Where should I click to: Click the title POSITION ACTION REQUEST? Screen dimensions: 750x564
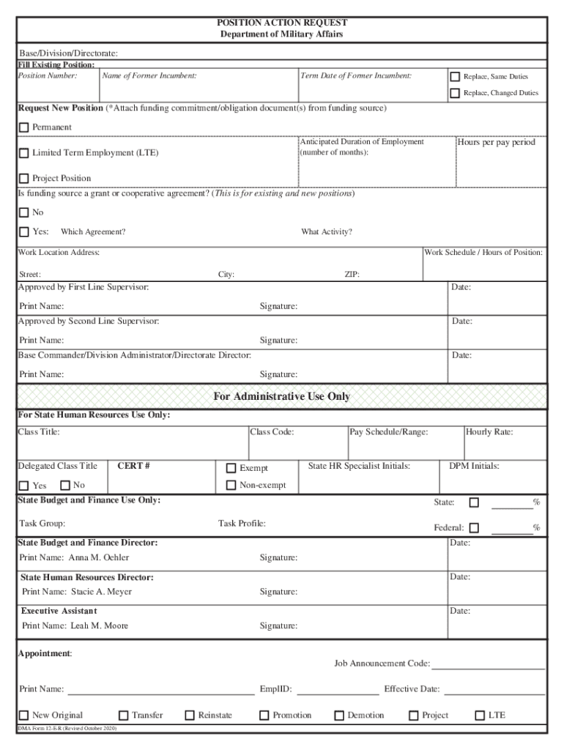pyautogui.click(x=282, y=23)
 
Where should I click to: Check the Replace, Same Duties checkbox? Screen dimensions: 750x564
pyautogui.click(x=455, y=77)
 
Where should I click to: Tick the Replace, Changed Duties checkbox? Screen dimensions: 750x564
pyautogui.click(x=455, y=93)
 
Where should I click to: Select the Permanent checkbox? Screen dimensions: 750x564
pyautogui.click(x=24, y=127)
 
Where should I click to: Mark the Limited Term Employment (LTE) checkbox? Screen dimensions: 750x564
pyautogui.click(x=24, y=153)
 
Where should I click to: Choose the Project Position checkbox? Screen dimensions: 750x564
pyautogui.click(x=24, y=179)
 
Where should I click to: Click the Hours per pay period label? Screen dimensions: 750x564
pyautogui.click(x=497, y=142)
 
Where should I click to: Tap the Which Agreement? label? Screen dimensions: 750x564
pyautogui.click(x=93, y=232)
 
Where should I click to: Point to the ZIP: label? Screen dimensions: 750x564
pyautogui.click(x=352, y=275)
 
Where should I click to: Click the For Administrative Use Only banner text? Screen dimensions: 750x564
pyautogui.click(x=282, y=397)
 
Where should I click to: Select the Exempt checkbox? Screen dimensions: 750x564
pyautogui.click(x=231, y=468)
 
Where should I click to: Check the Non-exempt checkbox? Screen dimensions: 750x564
pyautogui.click(x=231, y=485)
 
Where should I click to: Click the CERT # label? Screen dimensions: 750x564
pyautogui.click(x=134, y=466)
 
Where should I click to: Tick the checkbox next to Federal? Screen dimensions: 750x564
pyautogui.click(x=474, y=527)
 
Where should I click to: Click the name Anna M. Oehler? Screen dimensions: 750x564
pyautogui.click(x=99, y=558)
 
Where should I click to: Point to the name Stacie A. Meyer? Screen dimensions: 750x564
pyautogui.click(x=101, y=592)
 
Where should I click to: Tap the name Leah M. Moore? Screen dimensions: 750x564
pyautogui.click(x=99, y=626)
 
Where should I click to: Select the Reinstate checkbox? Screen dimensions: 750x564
pyautogui.click(x=190, y=716)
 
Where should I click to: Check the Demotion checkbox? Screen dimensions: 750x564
pyautogui.click(x=340, y=716)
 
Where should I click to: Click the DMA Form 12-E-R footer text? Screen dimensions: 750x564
pyautogui.click(x=67, y=729)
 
